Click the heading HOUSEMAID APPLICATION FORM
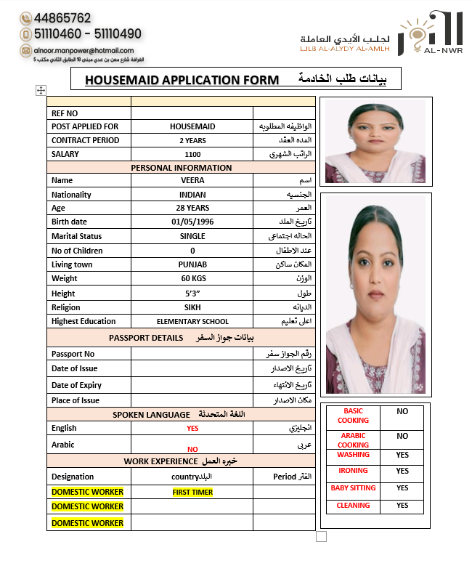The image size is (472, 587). [x=182, y=79]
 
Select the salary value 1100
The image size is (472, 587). [x=192, y=154]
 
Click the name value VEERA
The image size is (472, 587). [x=192, y=180]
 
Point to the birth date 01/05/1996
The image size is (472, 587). [x=192, y=222]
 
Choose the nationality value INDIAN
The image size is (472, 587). [x=192, y=195]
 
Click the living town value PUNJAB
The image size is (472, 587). [x=192, y=264]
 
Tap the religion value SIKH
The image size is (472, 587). [x=192, y=307]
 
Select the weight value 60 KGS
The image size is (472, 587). [x=192, y=278]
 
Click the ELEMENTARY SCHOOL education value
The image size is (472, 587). [x=192, y=321]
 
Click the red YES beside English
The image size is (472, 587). [x=192, y=429]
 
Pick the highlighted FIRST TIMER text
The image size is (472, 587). [x=192, y=493]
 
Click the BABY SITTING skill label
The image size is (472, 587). [x=353, y=488]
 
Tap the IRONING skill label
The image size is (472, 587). [x=353, y=471]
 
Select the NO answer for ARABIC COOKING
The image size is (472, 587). [x=402, y=437]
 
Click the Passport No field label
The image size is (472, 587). [x=73, y=354]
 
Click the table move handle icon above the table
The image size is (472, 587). [x=41, y=90]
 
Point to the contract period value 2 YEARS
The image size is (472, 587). [x=192, y=140]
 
